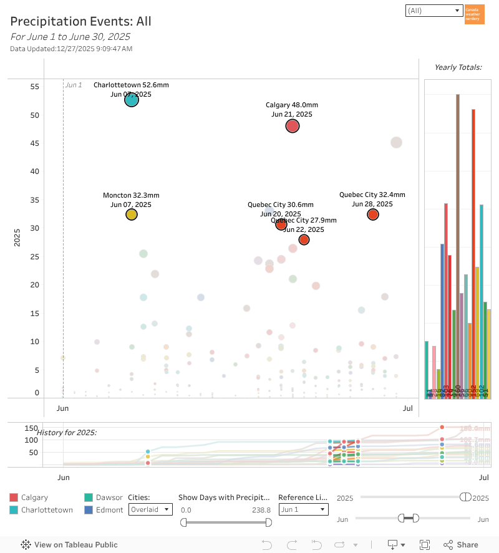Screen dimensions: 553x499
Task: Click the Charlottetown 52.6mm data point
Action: [x=131, y=99]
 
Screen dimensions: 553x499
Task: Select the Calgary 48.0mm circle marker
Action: [x=293, y=126]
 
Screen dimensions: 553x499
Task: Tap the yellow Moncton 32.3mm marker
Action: [x=131, y=214]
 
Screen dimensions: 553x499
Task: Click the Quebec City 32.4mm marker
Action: [x=373, y=214]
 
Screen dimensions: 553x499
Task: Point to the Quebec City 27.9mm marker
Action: [x=304, y=239]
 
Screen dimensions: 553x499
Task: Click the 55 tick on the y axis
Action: [x=35, y=87]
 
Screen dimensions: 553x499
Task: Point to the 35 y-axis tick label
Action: [x=35, y=200]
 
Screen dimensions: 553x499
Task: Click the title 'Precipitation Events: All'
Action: [x=80, y=22]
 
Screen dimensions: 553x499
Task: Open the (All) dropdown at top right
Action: [x=433, y=11]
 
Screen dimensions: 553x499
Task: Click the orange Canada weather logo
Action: [x=475, y=14]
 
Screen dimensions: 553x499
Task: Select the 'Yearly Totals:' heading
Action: [x=458, y=67]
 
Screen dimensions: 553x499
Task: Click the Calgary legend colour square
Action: [x=14, y=498]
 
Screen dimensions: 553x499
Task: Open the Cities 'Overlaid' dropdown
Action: [x=150, y=509]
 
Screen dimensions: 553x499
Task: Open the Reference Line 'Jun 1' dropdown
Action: [x=303, y=509]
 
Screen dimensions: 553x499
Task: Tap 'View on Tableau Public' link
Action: [x=69, y=544]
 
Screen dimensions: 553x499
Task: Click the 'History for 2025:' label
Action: [x=67, y=432]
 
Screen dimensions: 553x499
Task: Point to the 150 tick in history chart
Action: [x=31, y=428]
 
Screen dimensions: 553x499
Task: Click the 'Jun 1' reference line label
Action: [x=74, y=85]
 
